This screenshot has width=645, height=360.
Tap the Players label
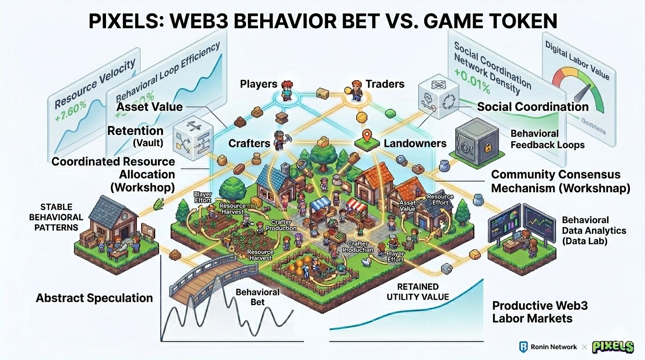258,84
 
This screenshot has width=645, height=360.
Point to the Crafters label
249,143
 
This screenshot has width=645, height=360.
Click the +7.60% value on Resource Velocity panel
71,111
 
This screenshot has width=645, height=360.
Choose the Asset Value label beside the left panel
150,107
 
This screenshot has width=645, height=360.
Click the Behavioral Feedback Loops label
547,139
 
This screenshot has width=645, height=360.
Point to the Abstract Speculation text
94,298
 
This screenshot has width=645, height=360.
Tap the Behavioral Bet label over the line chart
257,297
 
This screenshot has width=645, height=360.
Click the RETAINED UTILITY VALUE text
418,292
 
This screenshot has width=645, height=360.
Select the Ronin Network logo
523,347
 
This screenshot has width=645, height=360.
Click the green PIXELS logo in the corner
613,347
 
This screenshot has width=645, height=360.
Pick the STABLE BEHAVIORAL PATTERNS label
56,217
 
